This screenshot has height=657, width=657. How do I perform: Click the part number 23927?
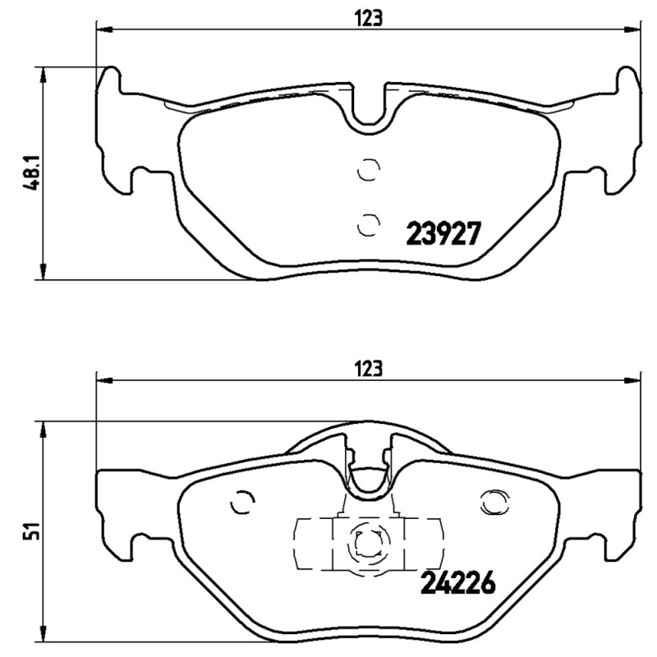point(443,236)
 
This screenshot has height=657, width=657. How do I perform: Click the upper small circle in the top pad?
point(369,169)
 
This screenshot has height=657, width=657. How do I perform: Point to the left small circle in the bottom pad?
point(243,502)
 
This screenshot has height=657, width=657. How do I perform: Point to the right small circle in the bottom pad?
point(494,502)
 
